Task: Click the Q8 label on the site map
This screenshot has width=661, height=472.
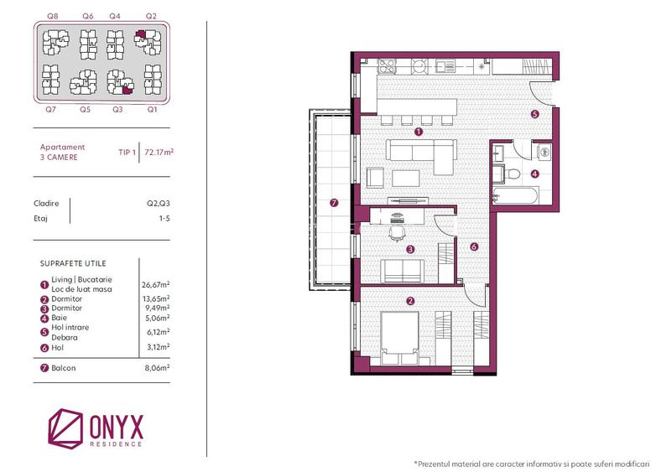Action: pyautogui.click(x=52, y=16)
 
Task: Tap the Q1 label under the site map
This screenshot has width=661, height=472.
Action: pyautogui.click(x=151, y=109)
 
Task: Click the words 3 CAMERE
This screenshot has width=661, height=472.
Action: pyautogui.click(x=55, y=157)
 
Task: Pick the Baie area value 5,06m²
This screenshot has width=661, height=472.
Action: pyautogui.click(x=156, y=318)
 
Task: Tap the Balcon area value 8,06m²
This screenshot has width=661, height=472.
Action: pyautogui.click(x=156, y=366)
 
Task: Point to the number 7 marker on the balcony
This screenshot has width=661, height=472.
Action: pyautogui.click(x=334, y=202)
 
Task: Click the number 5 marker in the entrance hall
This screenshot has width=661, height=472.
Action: pyautogui.click(x=534, y=114)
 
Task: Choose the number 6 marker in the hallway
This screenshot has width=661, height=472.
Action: pyautogui.click(x=474, y=247)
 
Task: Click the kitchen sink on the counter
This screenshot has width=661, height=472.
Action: pyautogui.click(x=389, y=65)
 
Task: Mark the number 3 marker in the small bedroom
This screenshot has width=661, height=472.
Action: pyautogui.click(x=409, y=249)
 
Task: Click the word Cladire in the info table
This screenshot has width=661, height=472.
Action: pyautogui.click(x=46, y=202)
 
